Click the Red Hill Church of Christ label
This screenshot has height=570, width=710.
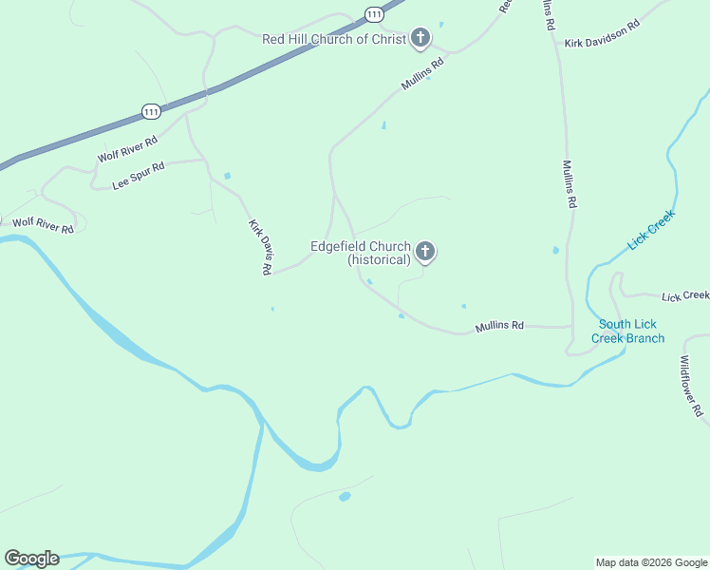pyautogui.click(x=333, y=39)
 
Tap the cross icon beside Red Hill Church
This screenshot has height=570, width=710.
pyautogui.click(x=420, y=39)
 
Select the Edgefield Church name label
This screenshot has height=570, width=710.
pyautogui.click(x=361, y=246)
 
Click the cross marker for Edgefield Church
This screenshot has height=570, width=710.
pyautogui.click(x=425, y=252)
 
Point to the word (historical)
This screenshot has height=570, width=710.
pyautogui.click(x=379, y=259)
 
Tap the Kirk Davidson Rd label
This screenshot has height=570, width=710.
pyautogui.click(x=602, y=44)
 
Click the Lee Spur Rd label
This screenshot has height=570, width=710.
pyautogui.click(x=139, y=176)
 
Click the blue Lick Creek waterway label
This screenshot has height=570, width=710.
pyautogui.click(x=650, y=230)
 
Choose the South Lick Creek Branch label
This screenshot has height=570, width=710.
pyautogui.click(x=627, y=332)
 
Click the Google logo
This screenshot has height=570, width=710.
pyautogui.click(x=31, y=559)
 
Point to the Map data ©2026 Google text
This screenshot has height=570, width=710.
pyautogui.click(x=651, y=562)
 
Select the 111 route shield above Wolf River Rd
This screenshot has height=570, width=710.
pyautogui.click(x=151, y=111)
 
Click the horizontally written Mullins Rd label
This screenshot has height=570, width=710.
pyautogui.click(x=499, y=326)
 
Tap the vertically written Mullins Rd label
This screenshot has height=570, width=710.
pyautogui.click(x=570, y=184)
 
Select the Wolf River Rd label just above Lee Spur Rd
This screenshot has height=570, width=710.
pyautogui.click(x=127, y=149)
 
